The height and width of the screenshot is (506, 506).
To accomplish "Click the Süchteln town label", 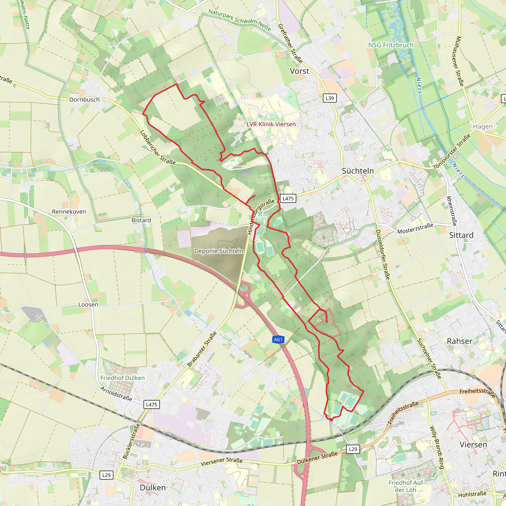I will [x=358, y=171].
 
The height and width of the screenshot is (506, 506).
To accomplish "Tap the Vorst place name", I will [x=299, y=71].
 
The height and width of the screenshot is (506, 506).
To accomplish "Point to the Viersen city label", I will [x=473, y=444].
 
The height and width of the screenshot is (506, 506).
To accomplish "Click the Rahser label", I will [x=460, y=341].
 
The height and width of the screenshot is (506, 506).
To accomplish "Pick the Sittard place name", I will [x=461, y=235].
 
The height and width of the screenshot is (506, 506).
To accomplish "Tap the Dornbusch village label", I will [x=84, y=100].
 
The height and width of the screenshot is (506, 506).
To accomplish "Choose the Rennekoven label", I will [x=69, y=212].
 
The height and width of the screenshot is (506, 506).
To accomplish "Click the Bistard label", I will [x=141, y=220].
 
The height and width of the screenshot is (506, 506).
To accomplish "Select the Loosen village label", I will [x=88, y=305].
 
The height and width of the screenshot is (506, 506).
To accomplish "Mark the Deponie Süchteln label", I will [x=219, y=251].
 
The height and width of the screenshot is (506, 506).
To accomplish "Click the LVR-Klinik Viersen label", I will [x=271, y=125].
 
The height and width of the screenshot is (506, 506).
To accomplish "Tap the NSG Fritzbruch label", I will [x=391, y=45].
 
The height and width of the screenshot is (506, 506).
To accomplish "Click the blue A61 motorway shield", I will [x=278, y=340].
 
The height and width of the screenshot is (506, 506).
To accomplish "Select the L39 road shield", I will [x=330, y=98].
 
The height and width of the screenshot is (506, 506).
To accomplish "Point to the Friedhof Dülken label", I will [x=122, y=378].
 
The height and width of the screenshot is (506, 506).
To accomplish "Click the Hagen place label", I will [x=483, y=127].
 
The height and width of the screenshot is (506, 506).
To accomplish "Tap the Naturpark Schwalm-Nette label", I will [x=239, y=20].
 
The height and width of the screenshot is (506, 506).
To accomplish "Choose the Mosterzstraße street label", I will [x=415, y=228].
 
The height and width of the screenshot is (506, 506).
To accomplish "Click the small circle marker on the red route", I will [x=288, y=234].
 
